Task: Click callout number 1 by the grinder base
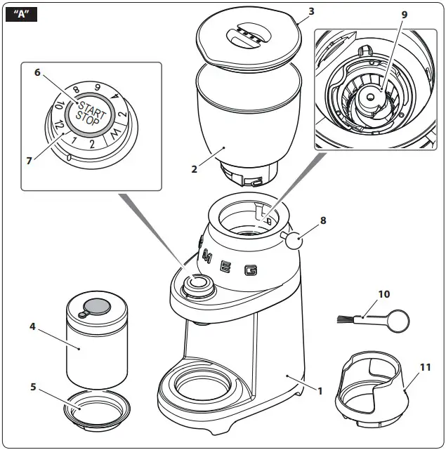click(320, 390)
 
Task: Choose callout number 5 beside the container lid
click(37, 72)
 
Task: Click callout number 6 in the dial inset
click(29, 160)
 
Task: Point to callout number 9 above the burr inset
click(383, 293)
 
